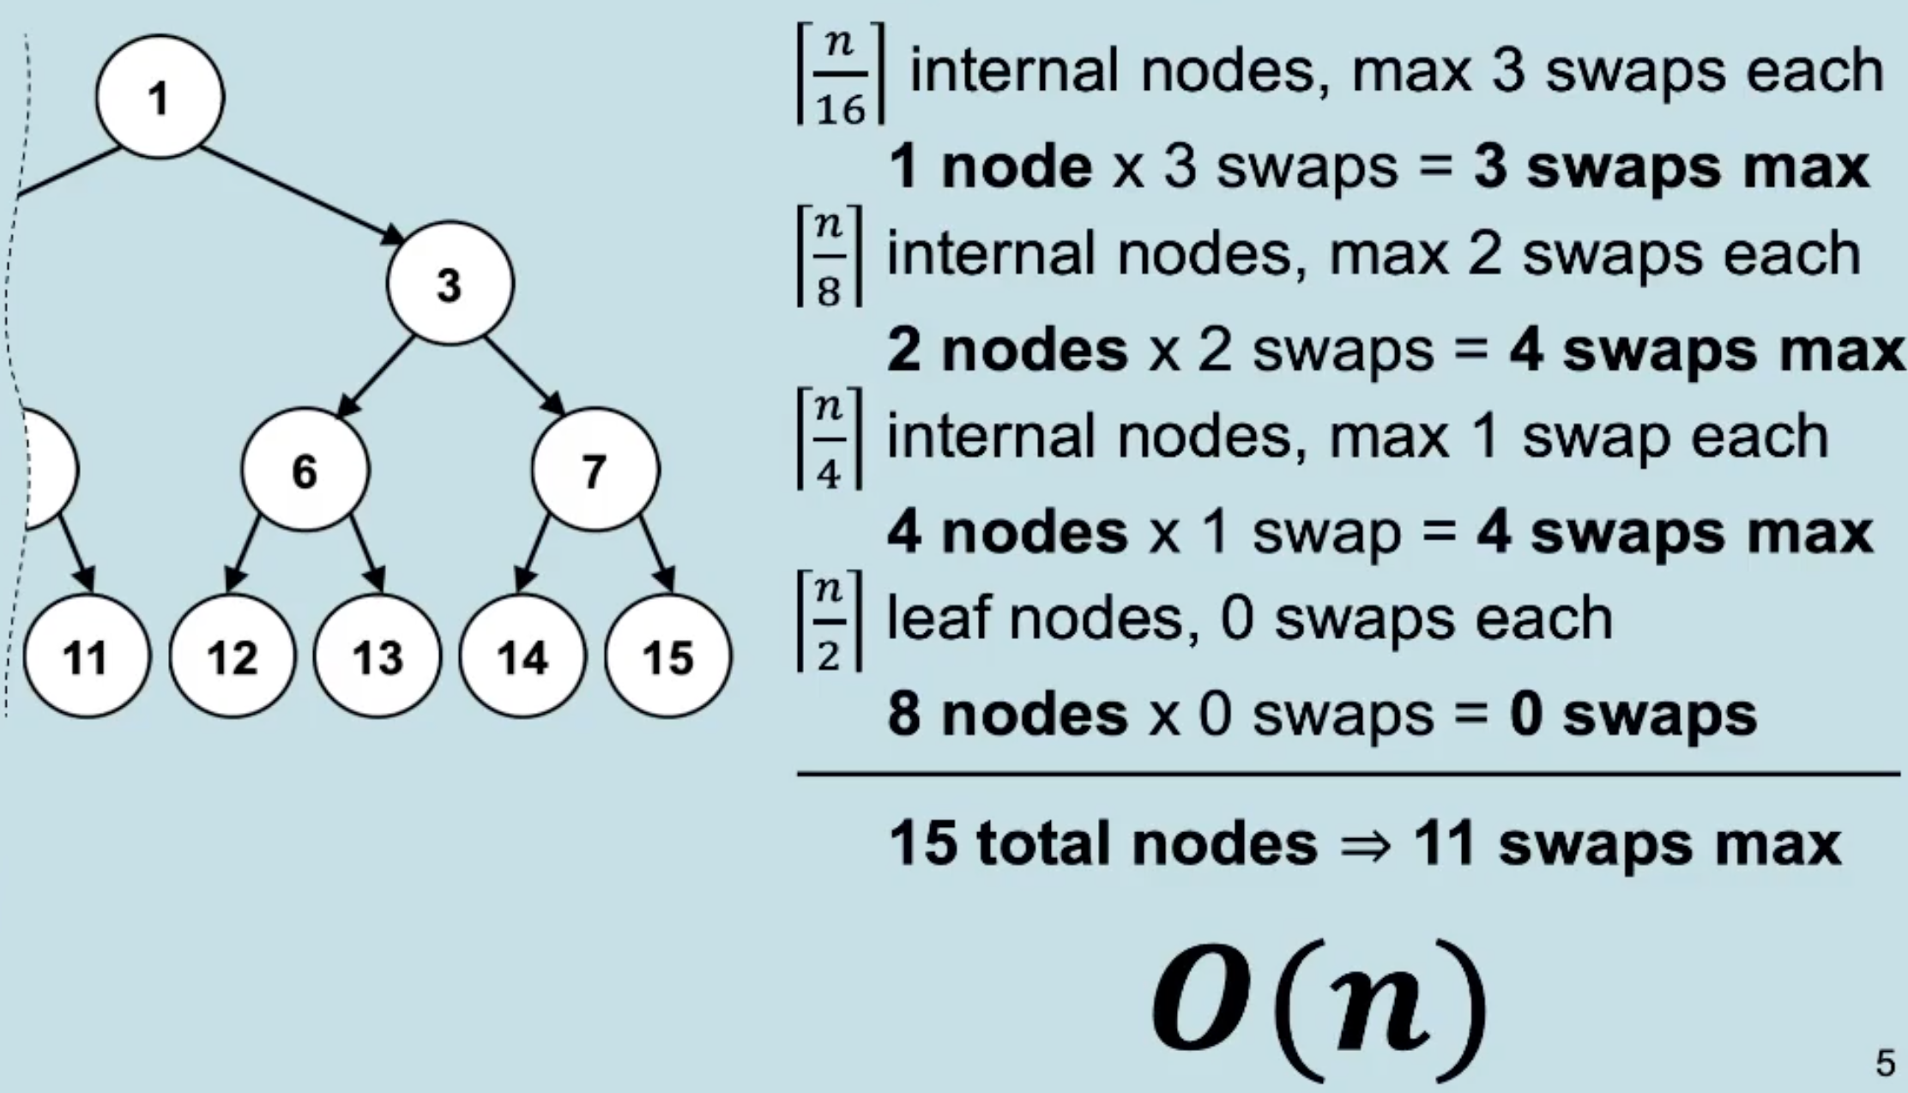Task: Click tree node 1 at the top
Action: coord(160,97)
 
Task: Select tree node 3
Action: coord(450,283)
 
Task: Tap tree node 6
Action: coord(305,469)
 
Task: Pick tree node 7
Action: coord(595,469)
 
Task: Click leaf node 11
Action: coord(87,655)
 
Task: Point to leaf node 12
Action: coord(232,655)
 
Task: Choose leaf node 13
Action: coord(377,655)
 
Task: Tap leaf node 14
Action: coord(522,655)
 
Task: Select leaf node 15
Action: coord(668,655)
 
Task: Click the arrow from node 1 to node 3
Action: coord(303,195)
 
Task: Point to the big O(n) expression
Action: coord(1319,1005)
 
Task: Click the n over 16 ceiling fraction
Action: coord(841,74)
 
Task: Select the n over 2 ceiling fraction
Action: coord(829,620)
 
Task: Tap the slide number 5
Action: coord(1885,1063)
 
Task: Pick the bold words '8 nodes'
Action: coord(1007,715)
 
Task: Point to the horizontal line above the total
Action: coord(1349,775)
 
